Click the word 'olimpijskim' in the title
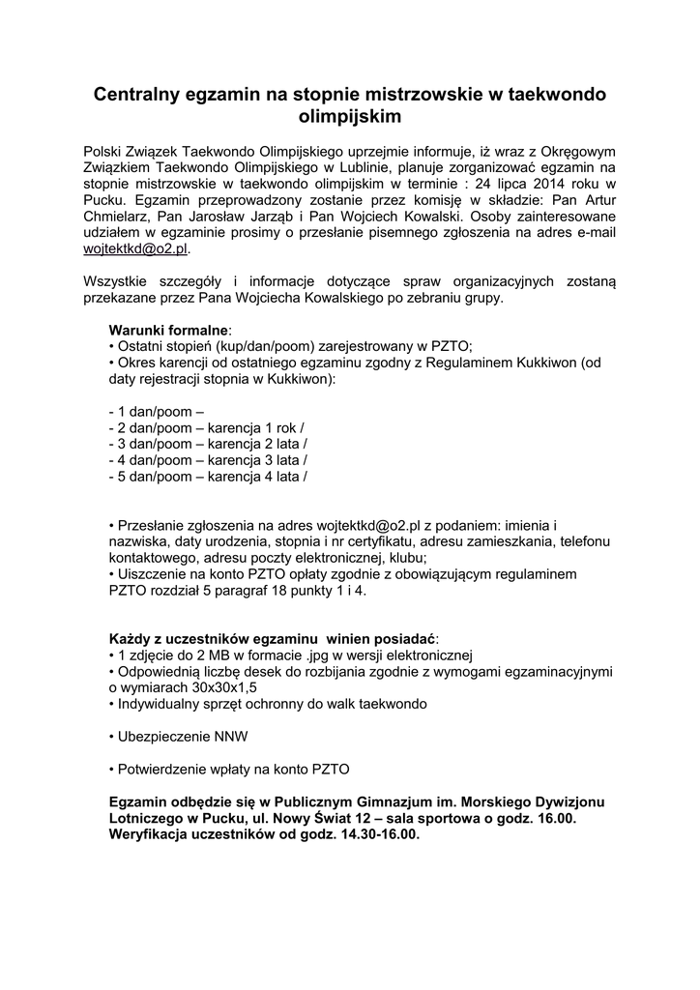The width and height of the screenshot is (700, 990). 349,117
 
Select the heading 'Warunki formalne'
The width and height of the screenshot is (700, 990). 168,330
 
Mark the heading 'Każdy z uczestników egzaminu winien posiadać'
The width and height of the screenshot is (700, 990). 272,639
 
